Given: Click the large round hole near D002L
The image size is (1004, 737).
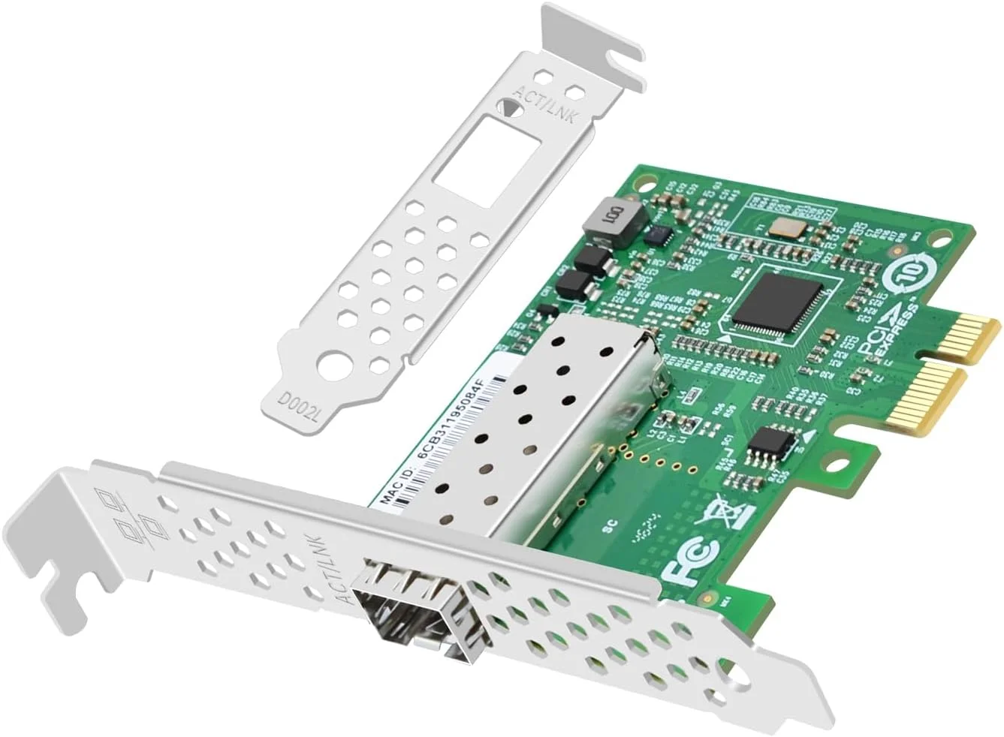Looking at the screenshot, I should coord(333,369).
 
